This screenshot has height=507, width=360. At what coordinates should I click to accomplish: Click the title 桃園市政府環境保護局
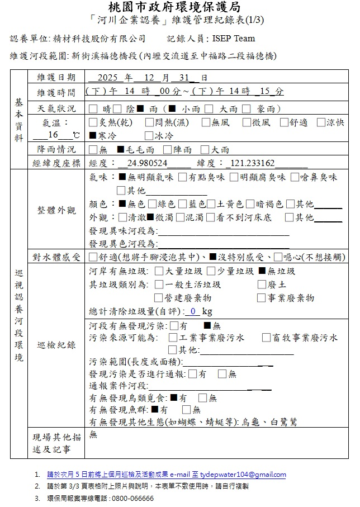(180, 8)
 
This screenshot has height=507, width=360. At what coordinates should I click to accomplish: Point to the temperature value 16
(53, 135)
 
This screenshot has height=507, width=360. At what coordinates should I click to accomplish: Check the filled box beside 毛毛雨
(120, 150)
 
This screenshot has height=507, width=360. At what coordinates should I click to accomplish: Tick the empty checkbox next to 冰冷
(148, 136)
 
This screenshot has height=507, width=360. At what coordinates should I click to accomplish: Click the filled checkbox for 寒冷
(92, 136)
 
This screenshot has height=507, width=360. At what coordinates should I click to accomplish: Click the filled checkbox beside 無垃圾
(263, 272)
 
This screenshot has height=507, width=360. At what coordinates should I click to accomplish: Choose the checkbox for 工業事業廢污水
(173, 338)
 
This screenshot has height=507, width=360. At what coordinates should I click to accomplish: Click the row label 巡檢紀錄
(56, 345)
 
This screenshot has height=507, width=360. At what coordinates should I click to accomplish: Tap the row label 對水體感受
(56, 257)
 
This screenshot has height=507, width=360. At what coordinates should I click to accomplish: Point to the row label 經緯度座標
(56, 163)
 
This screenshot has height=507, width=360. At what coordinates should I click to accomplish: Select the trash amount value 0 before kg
(193, 311)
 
